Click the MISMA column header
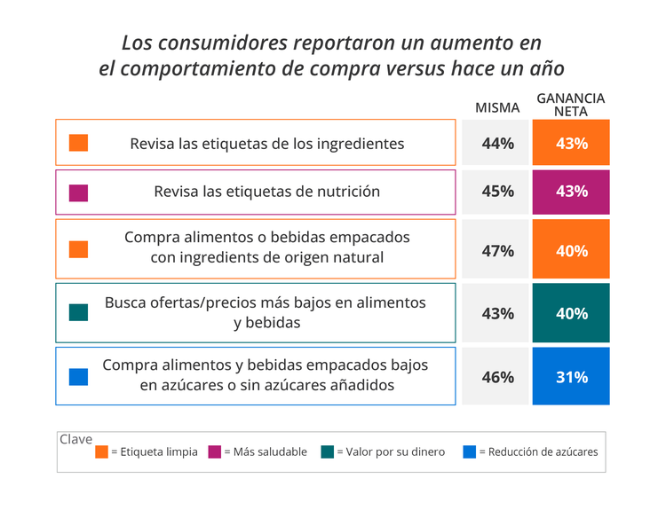point(497,107)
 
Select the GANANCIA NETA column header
point(571,105)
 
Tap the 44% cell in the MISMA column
point(497,143)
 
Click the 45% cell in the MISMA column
point(497,192)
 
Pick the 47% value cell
point(497,250)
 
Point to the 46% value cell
point(497,377)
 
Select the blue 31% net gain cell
point(571,377)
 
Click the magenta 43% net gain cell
point(571,192)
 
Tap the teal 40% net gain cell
point(571,313)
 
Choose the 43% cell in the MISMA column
point(497,313)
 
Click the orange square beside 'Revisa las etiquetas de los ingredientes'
point(78,143)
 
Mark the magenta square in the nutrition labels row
point(78,192)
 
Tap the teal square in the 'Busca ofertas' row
point(78,312)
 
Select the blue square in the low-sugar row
point(78,377)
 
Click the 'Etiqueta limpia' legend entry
point(147,452)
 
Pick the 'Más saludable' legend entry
point(258,452)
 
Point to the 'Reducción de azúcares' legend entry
point(530,452)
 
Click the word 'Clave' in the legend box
point(75,439)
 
